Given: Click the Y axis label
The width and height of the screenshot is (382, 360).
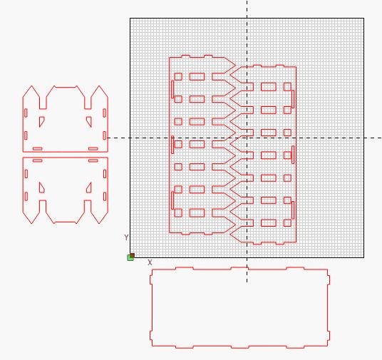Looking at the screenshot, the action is click(126, 237).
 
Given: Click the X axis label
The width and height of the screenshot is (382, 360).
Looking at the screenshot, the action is click(150, 262).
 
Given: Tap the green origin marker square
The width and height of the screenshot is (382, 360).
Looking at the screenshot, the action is click(130, 257).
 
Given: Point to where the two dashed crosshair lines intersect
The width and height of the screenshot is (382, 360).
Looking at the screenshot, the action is click(247, 138).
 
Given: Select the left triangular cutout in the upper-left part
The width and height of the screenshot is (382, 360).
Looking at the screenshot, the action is click(41, 121).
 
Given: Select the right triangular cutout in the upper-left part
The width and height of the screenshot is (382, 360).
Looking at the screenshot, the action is click(89, 121).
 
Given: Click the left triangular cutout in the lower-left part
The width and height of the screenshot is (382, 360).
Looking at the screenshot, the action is click(41, 187).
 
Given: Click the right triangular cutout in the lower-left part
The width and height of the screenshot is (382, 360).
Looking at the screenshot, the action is click(89, 187).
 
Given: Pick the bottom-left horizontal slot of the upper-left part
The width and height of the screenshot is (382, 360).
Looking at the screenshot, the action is click(38, 148).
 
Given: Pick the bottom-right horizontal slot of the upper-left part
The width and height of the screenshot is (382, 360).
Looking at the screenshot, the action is click(93, 148).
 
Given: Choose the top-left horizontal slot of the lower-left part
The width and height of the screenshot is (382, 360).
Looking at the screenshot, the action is click(38, 160).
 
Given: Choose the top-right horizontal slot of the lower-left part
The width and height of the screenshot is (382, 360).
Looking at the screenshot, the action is click(93, 160).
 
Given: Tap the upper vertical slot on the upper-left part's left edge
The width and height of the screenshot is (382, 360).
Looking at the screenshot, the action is click(26, 113).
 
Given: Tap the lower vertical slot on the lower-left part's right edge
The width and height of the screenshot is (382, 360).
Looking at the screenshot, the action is click(105, 197).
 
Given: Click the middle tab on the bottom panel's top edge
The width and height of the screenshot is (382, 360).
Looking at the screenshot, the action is click(239, 268).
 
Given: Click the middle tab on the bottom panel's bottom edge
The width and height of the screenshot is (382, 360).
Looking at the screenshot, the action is click(239, 347).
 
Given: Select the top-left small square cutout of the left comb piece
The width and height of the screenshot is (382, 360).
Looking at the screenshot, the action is click(178, 76).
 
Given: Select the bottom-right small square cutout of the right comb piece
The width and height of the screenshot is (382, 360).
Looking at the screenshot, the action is click(287, 223).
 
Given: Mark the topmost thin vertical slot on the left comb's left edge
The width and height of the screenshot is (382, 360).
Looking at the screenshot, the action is click(172, 89).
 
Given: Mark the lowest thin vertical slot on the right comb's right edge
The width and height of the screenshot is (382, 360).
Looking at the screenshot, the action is click(293, 210).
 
